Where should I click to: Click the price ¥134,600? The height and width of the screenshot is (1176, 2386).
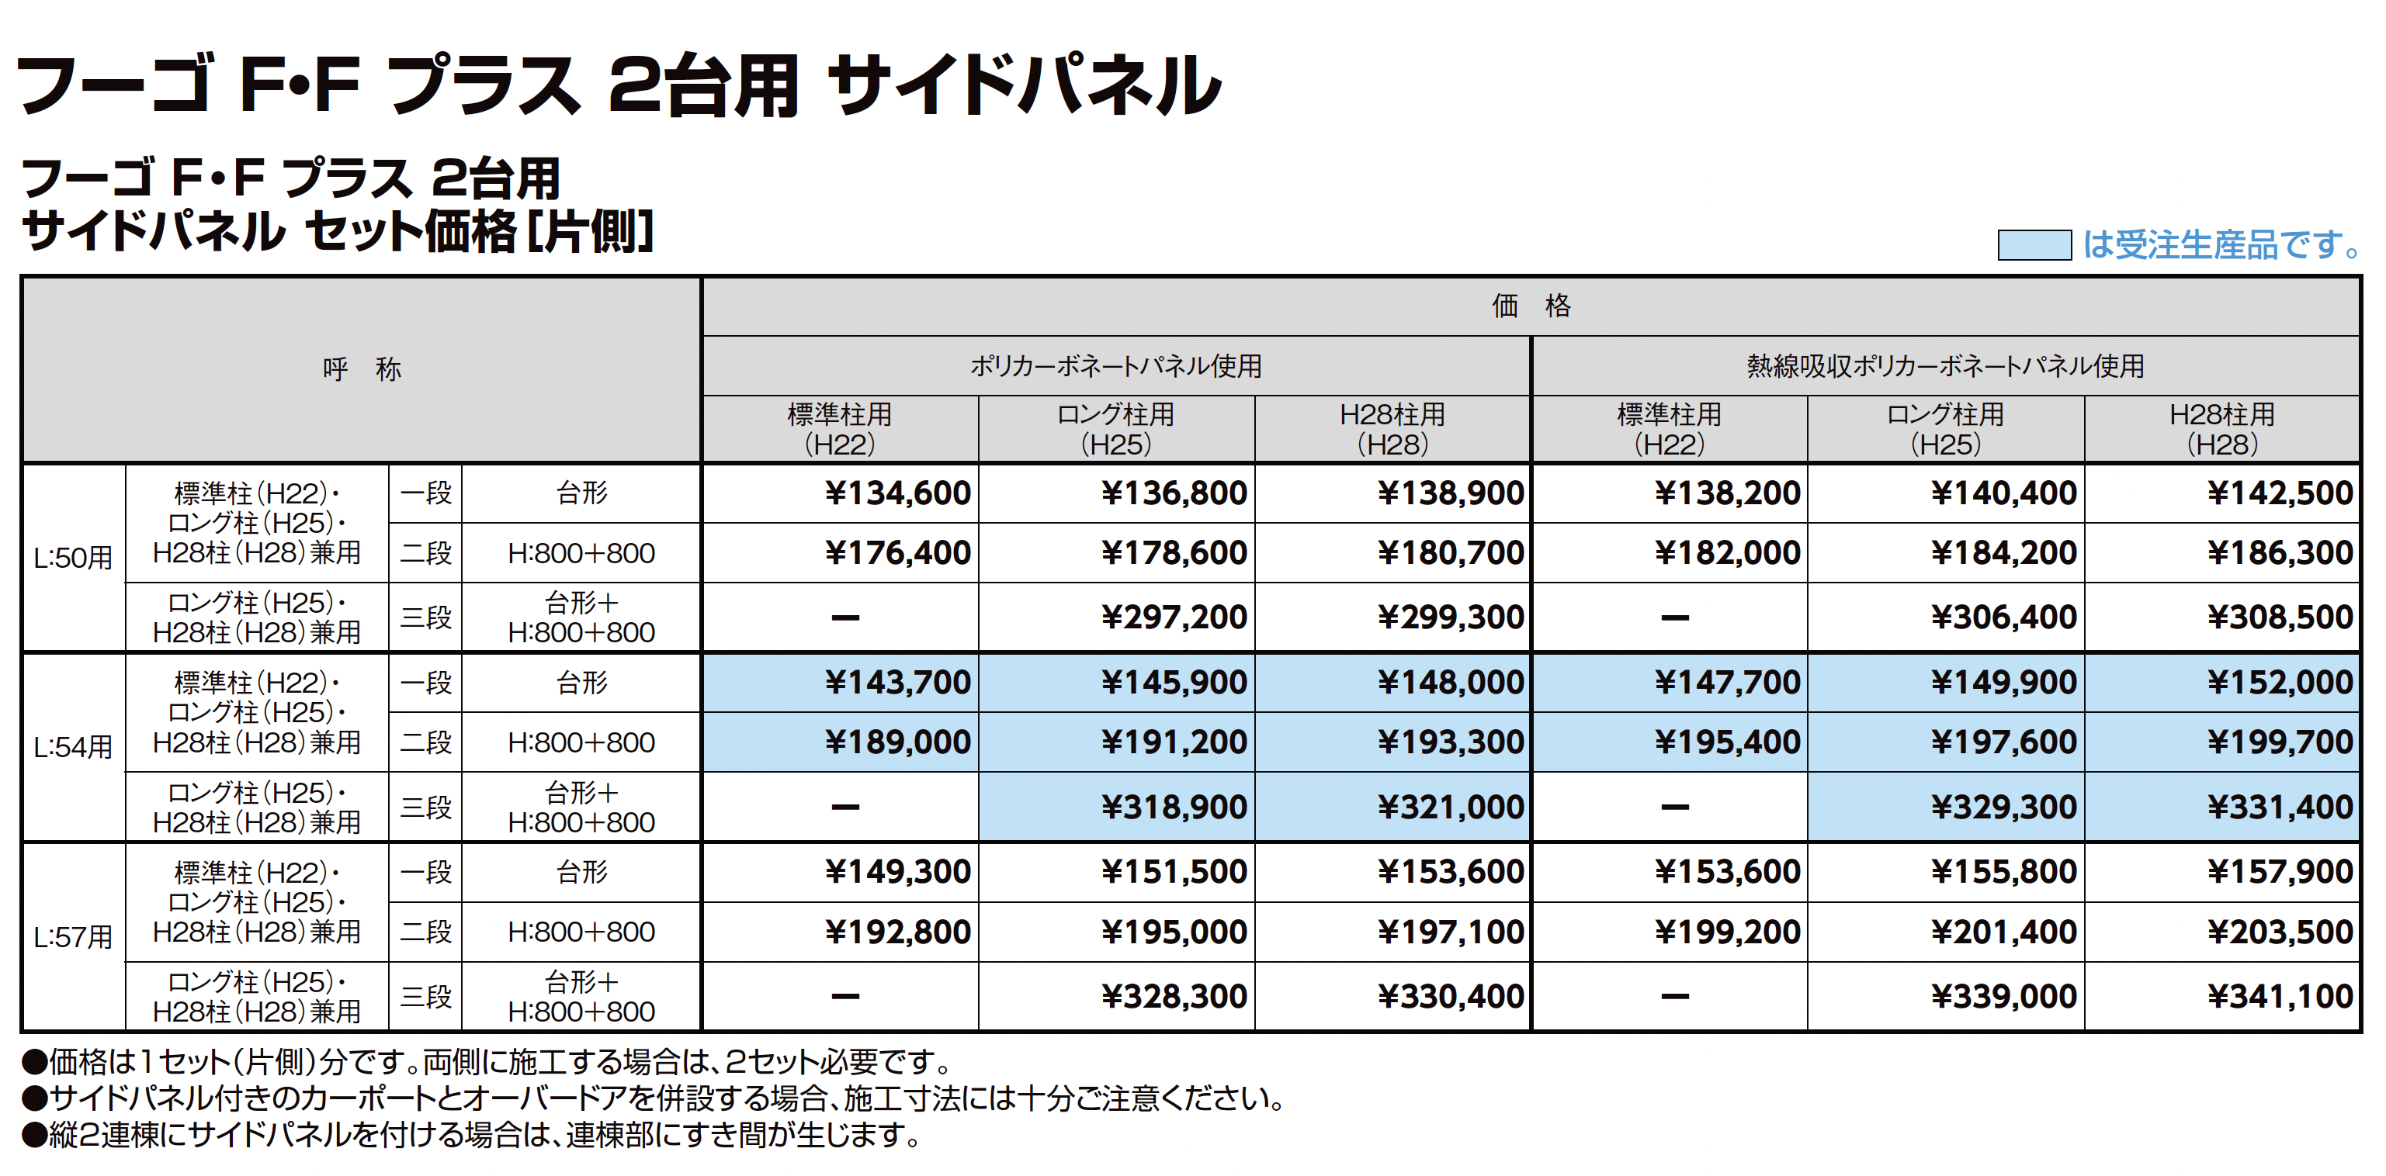[897, 493]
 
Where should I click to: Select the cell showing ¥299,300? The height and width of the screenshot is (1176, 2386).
[1451, 617]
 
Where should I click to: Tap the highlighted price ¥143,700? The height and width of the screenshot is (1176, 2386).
[897, 683]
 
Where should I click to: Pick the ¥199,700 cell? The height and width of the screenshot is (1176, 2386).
[2280, 742]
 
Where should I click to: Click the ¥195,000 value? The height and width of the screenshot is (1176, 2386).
[1174, 932]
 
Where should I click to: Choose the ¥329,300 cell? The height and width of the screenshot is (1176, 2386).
[2003, 808]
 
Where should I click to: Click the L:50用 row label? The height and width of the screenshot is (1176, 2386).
[73, 559]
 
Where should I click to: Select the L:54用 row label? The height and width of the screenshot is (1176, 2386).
[73, 747]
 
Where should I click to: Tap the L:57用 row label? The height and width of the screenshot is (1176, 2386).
[73, 937]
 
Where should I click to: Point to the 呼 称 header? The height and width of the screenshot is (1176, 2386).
[361, 369]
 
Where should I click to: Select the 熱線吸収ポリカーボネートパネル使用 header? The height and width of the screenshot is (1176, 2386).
[1945, 367]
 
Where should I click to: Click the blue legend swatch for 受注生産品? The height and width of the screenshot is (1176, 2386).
[2034, 245]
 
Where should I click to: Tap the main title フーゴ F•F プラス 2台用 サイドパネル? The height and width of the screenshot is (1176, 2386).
[619, 85]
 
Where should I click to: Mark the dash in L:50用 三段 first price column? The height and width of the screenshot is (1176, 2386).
[844, 617]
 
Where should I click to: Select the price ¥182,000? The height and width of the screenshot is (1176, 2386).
[1728, 554]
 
